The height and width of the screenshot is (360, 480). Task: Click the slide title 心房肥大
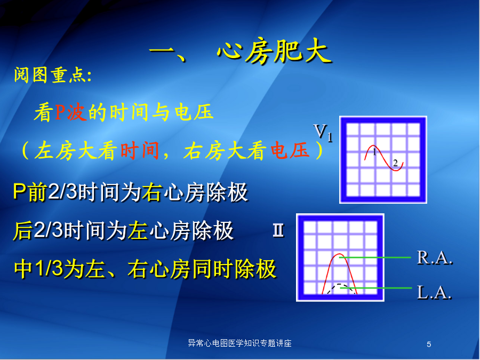[274, 51]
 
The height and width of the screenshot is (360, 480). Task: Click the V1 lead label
[323, 133]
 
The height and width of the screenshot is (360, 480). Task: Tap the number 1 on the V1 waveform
[374, 152]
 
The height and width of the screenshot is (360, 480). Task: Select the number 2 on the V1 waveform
[395, 163]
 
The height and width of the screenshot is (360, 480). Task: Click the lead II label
[278, 230]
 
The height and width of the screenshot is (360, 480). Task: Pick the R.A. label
[434, 258]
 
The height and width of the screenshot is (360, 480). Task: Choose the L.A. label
[434, 292]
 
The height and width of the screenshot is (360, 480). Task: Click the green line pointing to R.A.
[375, 258]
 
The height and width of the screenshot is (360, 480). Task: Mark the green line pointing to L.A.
[376, 288]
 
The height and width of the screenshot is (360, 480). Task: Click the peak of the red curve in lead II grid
[339, 254]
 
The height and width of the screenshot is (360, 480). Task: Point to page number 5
[429, 345]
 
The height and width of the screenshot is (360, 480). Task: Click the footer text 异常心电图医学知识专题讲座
[239, 343]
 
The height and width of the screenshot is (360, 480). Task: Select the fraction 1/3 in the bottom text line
[50, 268]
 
